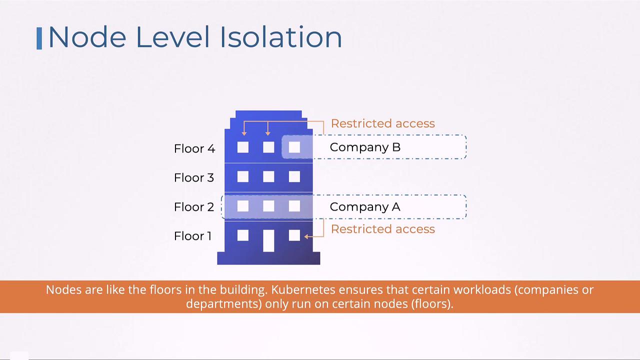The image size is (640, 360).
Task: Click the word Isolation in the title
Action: pos(281,37)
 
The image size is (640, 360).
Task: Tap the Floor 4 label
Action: pos(194,148)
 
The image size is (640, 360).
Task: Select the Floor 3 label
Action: pos(194,177)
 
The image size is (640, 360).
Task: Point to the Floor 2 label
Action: pos(194,207)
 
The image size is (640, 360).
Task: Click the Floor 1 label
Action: pos(193,236)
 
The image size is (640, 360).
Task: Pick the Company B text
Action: pos(365,147)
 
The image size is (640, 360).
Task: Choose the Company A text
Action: pos(365,207)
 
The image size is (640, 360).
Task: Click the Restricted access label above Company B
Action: pos(383,123)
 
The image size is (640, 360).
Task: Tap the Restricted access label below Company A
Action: pos(383,229)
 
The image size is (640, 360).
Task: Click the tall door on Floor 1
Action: pos(268,241)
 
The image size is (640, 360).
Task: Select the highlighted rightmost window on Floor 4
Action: pos(294,147)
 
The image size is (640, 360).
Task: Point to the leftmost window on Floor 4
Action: pos(243,147)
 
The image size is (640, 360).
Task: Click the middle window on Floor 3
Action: pos(268,176)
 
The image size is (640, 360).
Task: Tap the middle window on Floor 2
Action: pos(268,206)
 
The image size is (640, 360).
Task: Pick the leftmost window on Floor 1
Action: pos(243,235)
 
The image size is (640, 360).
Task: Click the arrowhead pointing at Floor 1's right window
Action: pos(306,236)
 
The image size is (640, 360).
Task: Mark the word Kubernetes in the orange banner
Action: pos(303,289)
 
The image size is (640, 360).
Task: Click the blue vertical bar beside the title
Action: pos(39,38)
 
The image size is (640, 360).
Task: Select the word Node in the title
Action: pos(87,37)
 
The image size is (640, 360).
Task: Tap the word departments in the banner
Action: pos(224,303)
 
